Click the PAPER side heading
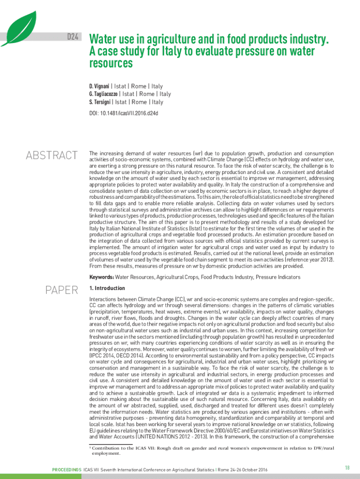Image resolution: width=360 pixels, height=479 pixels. click(61, 290)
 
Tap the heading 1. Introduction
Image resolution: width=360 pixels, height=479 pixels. click(107, 288)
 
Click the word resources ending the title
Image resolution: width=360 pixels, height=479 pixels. click(111, 63)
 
